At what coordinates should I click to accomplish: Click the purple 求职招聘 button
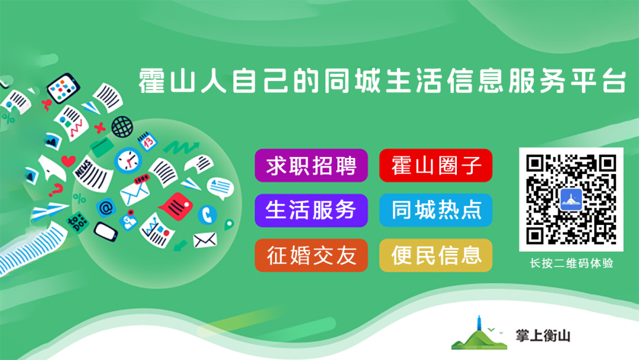311,166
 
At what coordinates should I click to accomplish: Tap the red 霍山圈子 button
435,166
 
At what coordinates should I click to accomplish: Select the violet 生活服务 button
311,210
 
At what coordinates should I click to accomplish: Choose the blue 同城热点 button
435,210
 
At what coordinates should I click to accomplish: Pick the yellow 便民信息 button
435,255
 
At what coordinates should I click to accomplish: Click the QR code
571,200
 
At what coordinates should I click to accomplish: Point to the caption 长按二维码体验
572,263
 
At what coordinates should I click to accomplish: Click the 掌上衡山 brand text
543,336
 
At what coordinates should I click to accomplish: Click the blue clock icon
128,160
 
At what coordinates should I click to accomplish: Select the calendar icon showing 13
147,141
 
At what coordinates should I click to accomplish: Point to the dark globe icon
122,127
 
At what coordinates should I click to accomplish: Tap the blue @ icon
106,208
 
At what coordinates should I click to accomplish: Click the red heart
69,160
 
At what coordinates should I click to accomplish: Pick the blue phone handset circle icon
208,214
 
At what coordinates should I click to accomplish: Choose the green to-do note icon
78,223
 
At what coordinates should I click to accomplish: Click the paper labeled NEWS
93,173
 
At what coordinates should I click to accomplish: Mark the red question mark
56,189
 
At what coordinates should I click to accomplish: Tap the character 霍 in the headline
151,81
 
